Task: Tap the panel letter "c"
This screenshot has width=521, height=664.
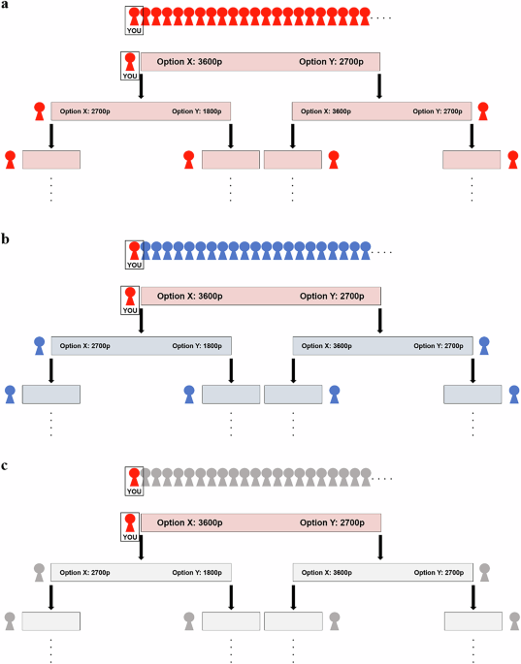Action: click(x=5, y=466)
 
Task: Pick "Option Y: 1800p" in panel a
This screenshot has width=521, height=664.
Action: click(x=197, y=111)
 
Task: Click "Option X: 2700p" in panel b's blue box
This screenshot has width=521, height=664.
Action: click(x=85, y=345)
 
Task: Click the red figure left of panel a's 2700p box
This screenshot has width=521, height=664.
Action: click(x=40, y=110)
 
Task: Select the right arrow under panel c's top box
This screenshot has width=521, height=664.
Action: click(x=377, y=552)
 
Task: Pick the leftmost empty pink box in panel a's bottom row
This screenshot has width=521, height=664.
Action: click(x=51, y=159)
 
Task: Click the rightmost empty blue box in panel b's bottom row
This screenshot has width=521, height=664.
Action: click(x=472, y=393)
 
